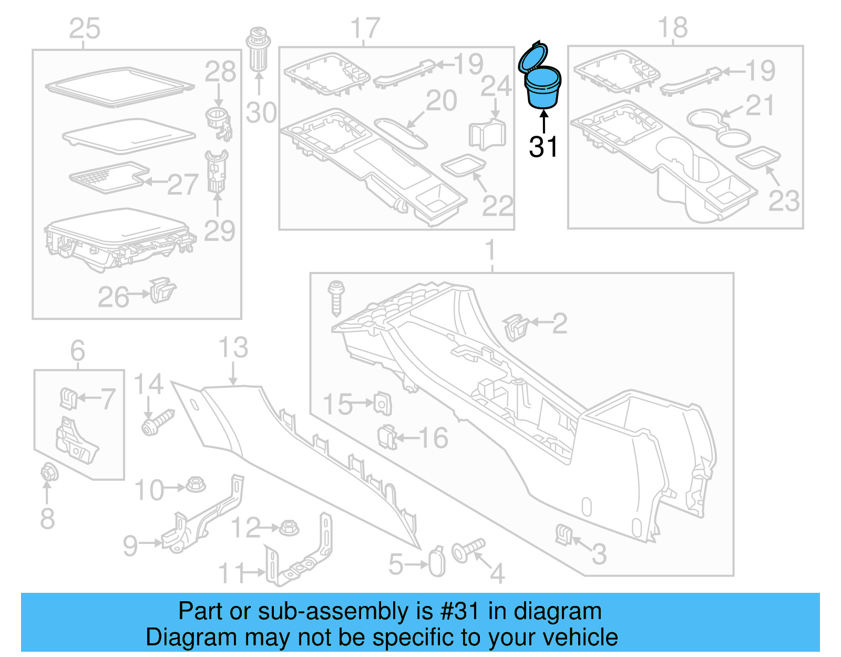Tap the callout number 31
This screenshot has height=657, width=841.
(543, 147)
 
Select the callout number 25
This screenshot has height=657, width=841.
(85, 28)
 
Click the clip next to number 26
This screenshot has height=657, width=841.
(162, 290)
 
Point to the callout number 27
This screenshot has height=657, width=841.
(182, 185)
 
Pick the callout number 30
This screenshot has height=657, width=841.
(261, 113)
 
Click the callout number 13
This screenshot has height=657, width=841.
(233, 348)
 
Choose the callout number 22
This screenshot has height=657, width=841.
(497, 206)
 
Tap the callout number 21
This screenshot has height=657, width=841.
(760, 106)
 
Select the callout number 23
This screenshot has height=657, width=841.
(784, 201)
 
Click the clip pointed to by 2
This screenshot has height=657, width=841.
(516, 327)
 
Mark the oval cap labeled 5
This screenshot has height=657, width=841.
(437, 563)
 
